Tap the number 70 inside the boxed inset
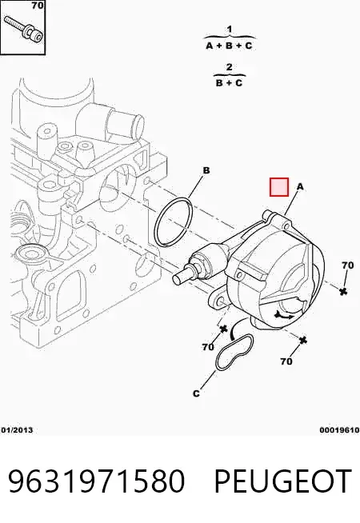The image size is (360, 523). click(x=38, y=6)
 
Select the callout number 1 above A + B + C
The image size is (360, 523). click(x=230, y=30)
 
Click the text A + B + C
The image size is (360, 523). click(x=229, y=46)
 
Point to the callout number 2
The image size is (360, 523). click(x=229, y=67)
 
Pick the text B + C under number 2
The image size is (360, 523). click(x=229, y=82)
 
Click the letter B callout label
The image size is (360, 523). click(x=206, y=170)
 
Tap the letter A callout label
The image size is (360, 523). click(x=300, y=187)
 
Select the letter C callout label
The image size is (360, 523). click(x=196, y=393)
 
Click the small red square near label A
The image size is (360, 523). click(x=279, y=187)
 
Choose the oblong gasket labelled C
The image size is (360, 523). click(x=234, y=352)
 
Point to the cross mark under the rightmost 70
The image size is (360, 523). click(x=343, y=291)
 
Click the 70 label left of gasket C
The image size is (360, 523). click(x=207, y=347)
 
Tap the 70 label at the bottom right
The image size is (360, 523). click(x=286, y=361)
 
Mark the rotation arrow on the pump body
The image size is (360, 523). click(x=283, y=314)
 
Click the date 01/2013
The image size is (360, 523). click(x=17, y=430)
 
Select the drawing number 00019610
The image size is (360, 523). click(x=339, y=430)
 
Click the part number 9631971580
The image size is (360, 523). click(x=97, y=481)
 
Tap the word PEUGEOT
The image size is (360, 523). click(x=283, y=481)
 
